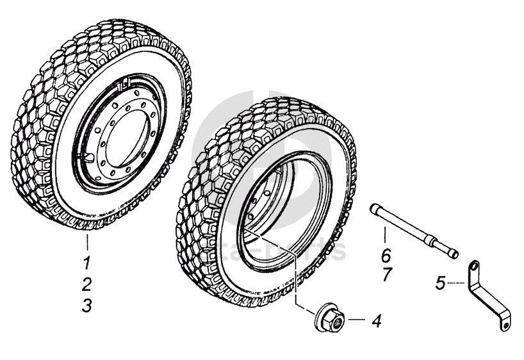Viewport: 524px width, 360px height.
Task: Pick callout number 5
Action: pyautogui.click(x=440, y=282)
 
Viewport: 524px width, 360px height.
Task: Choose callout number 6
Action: pyautogui.click(x=386, y=255)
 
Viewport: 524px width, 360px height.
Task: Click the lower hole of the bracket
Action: pyautogui.click(x=505, y=325)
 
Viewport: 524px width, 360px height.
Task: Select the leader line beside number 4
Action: pyautogui.click(x=356, y=320)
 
